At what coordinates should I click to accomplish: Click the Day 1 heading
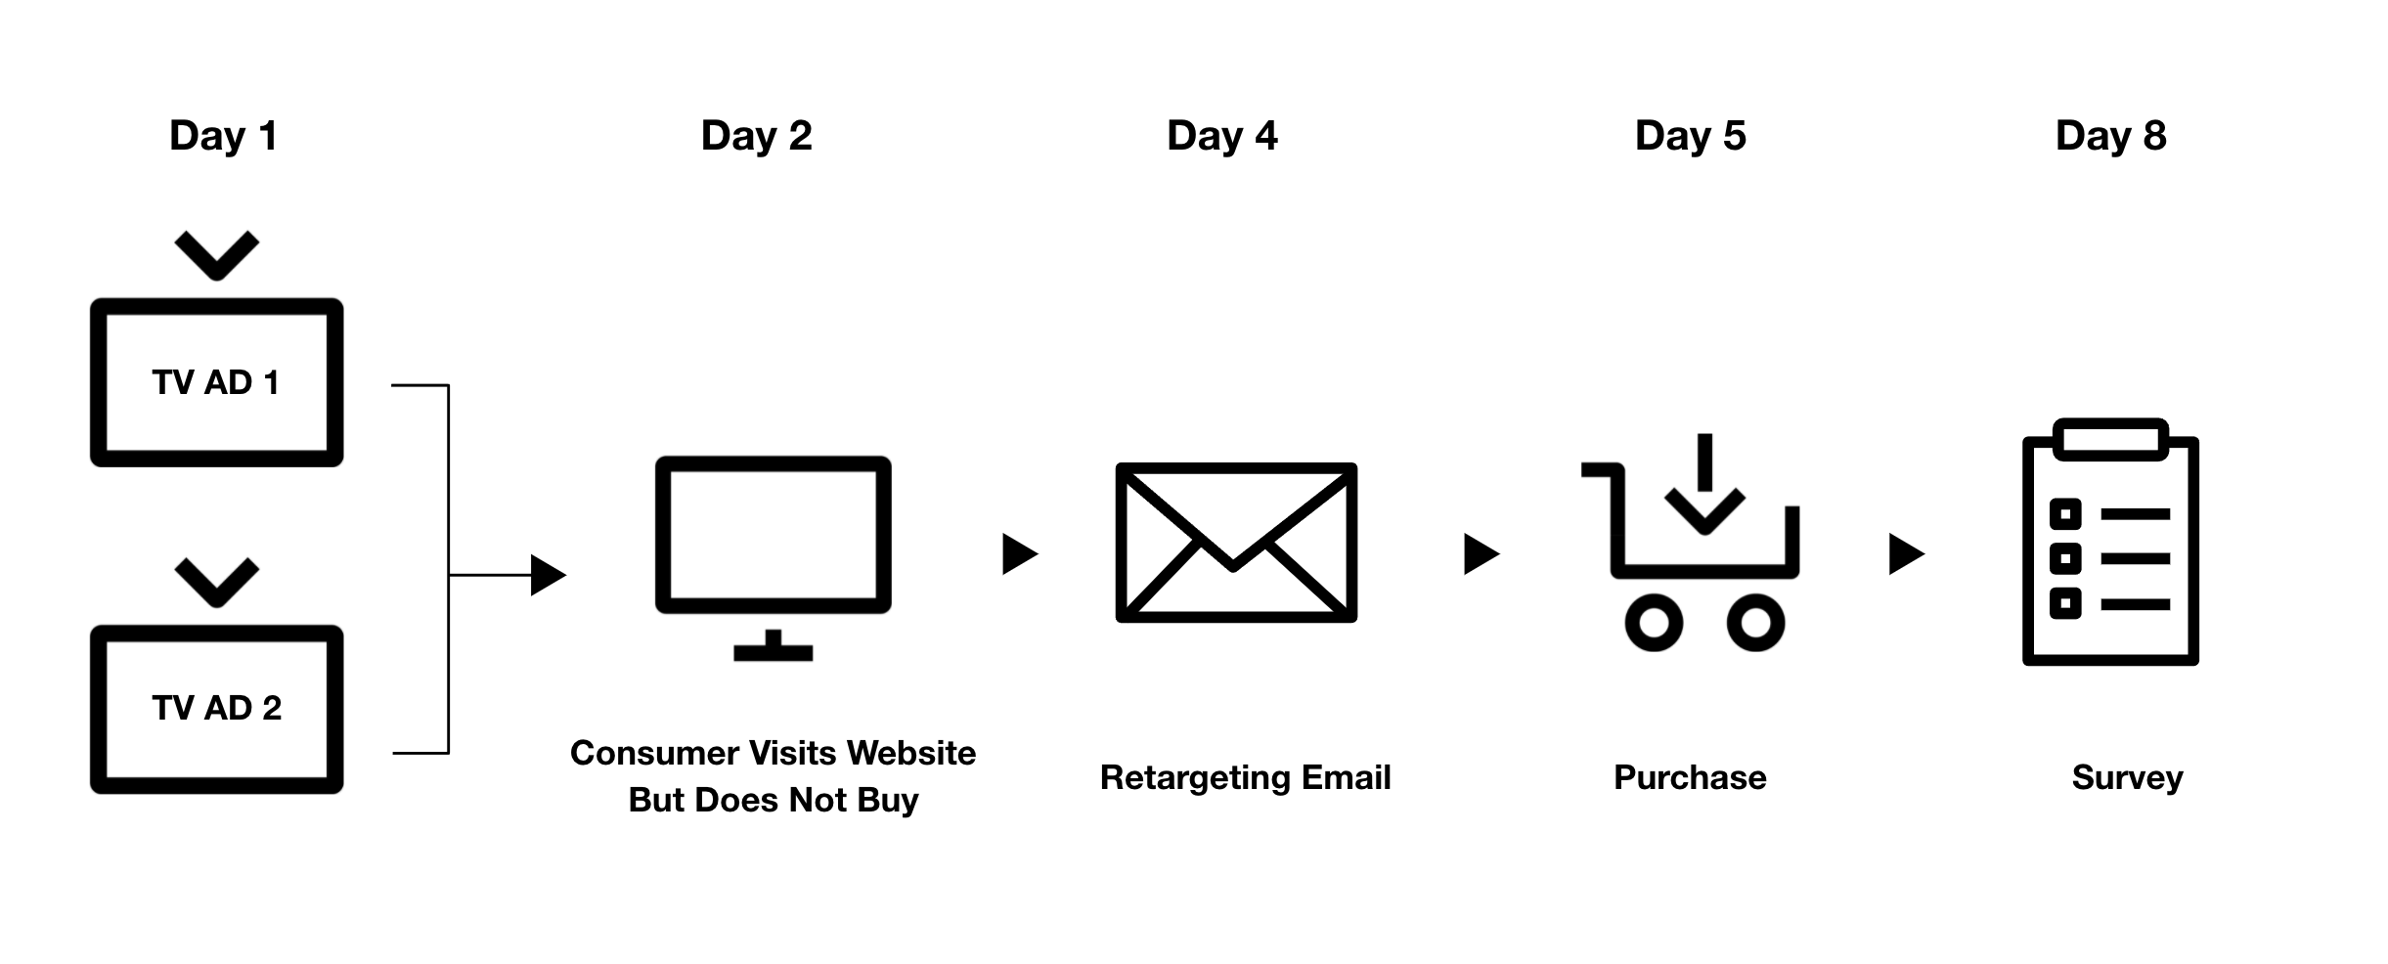tap(223, 136)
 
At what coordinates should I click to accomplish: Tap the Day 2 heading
tap(756, 136)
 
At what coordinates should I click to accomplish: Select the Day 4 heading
tap(1221, 136)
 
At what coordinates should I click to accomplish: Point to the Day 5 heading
tap(1690, 136)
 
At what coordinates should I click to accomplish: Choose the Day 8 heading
tap(2110, 136)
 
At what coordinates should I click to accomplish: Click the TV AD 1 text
tap(216, 382)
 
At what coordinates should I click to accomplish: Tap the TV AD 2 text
tap(216, 708)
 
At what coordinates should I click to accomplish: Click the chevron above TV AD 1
tap(216, 255)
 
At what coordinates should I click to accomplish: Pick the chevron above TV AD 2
tap(216, 582)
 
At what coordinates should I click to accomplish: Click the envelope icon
tap(1236, 543)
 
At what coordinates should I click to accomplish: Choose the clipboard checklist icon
tap(2110, 543)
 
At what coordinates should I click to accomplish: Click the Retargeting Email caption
tap(1245, 777)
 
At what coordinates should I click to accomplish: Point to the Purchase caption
tap(1690, 777)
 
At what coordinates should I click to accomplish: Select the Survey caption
tap(2127, 777)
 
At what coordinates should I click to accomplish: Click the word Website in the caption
tap(910, 753)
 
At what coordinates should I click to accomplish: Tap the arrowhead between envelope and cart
tap(1480, 554)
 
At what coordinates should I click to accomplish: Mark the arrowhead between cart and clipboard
tap(1905, 554)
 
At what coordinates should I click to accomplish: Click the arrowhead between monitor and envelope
tap(1019, 554)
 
